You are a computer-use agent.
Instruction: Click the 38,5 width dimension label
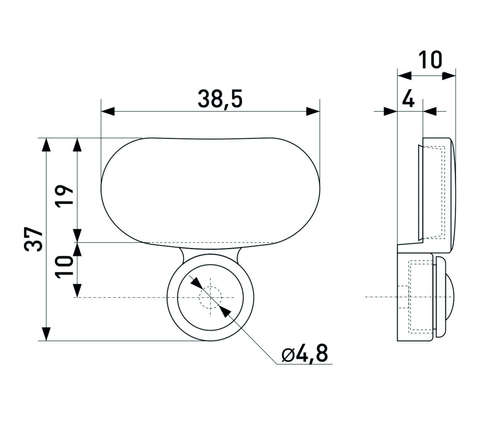tap(220, 99)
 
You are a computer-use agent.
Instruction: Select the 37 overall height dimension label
tap(34, 239)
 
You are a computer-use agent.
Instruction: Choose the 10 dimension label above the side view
tap(430, 60)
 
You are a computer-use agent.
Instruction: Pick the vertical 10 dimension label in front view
tap(64, 266)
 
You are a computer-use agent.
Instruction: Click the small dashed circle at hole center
tap(211, 297)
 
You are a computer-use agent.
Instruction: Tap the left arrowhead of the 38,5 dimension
tap(108, 111)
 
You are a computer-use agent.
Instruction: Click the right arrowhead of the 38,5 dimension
tap(313, 111)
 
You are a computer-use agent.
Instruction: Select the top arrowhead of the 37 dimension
tap(46, 145)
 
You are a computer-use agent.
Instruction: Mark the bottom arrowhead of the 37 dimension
tap(46, 334)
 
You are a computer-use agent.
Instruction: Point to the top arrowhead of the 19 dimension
tap(77, 145)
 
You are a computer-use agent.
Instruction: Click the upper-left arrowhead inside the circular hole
tap(197, 283)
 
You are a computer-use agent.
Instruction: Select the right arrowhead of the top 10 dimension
tap(449, 76)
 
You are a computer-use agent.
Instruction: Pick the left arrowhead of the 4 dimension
tap(391, 111)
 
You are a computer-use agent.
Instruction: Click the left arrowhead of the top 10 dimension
tap(404, 76)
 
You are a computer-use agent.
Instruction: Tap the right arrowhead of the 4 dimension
tap(430, 111)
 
